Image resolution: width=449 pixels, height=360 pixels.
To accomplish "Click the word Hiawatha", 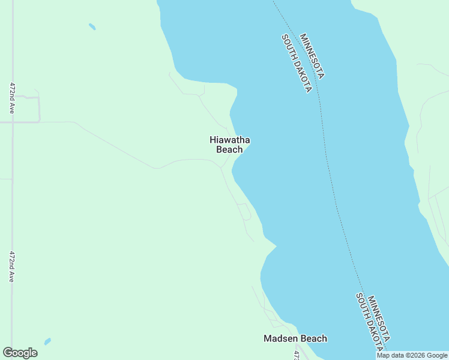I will tap(229, 140).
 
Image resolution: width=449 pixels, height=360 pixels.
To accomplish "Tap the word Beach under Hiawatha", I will tap(229, 149).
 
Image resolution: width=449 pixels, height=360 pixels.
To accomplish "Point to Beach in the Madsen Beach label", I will tap(313, 338).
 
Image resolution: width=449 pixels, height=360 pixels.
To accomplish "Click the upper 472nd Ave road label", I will tap(11, 98).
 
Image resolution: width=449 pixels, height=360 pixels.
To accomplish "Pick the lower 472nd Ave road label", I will tap(11, 266).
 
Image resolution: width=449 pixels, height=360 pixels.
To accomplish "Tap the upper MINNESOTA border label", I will tap(312, 56).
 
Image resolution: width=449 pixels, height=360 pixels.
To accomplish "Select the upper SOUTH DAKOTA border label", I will tap(297, 63).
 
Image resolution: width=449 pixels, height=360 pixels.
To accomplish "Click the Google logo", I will tap(20, 353).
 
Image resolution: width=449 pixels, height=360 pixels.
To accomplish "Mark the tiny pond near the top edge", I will tap(92, 26).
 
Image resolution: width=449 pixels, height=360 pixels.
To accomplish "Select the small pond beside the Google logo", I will tap(47, 341).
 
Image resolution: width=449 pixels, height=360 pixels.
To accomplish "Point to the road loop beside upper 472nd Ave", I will tap(33, 107).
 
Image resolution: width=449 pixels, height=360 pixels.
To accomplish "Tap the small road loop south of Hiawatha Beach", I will tap(245, 212).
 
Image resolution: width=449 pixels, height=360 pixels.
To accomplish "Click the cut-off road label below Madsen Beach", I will tap(296, 355).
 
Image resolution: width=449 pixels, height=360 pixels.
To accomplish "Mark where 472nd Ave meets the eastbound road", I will tap(13, 122).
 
